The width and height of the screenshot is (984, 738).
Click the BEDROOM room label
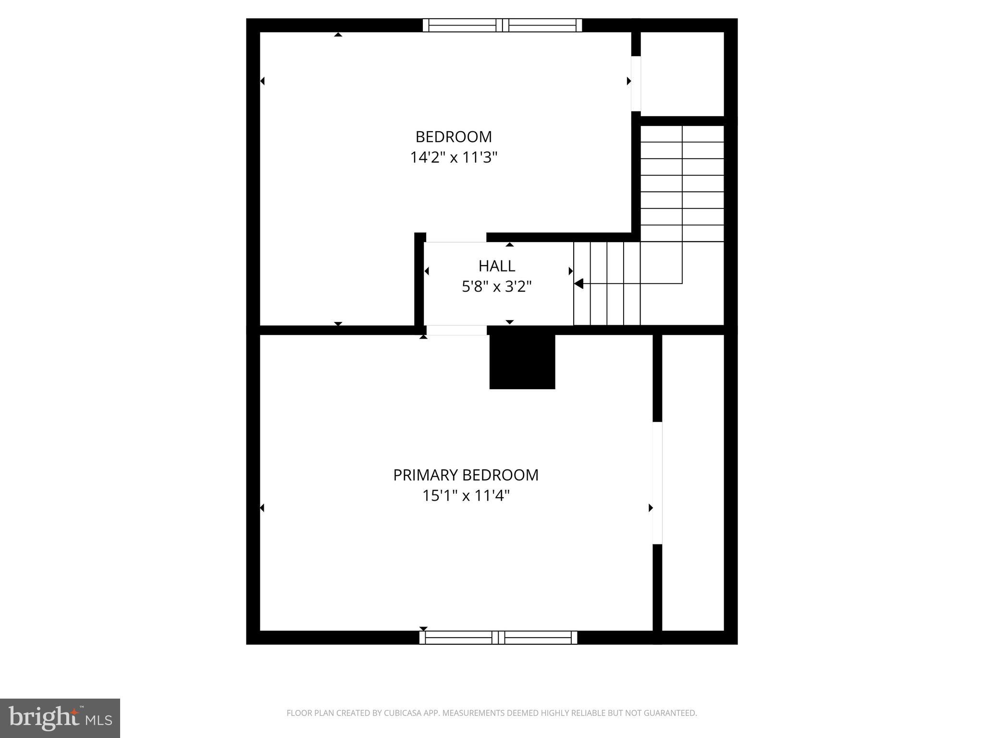tap(454, 137)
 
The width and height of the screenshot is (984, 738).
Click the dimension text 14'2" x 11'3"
tap(454, 158)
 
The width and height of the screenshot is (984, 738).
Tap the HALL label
tap(496, 266)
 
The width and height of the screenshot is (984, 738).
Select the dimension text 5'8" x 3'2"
tap(496, 287)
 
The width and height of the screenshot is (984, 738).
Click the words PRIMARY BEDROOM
tap(466, 475)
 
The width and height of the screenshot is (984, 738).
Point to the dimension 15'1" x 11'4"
tap(466, 496)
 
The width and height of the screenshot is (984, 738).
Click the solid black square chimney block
tap(522, 361)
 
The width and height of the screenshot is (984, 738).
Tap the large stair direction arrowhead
tap(579, 283)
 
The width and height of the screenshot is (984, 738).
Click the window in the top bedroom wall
tap(502, 25)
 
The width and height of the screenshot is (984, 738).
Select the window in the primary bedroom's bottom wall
tap(498, 638)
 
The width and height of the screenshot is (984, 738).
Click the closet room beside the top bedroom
tap(682, 74)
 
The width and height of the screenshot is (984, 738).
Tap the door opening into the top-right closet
tap(636, 84)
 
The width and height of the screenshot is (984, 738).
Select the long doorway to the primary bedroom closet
tap(657, 483)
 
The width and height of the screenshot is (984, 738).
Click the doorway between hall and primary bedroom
tap(456, 330)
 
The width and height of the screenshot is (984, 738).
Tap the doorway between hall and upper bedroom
tap(456, 238)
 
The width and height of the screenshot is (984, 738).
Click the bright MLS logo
tap(60, 718)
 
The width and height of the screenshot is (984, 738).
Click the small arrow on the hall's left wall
tap(427, 271)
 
